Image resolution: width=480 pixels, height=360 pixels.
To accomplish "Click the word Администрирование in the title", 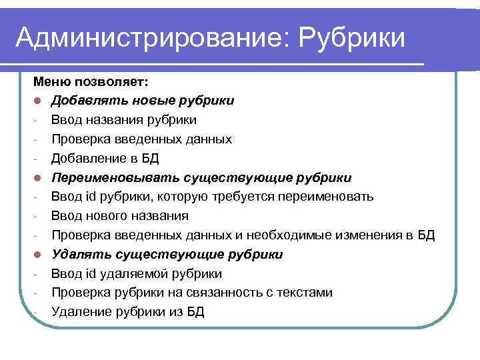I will click(145, 37).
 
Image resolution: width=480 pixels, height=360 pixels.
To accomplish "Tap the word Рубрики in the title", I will click(353, 37).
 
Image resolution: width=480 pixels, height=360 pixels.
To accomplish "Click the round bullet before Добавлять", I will click(38, 101).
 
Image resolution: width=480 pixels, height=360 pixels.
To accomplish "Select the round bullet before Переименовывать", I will click(38, 178).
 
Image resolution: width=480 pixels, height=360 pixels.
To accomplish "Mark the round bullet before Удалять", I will click(38, 255).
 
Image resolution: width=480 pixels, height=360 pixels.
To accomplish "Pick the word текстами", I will click(307, 293).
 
